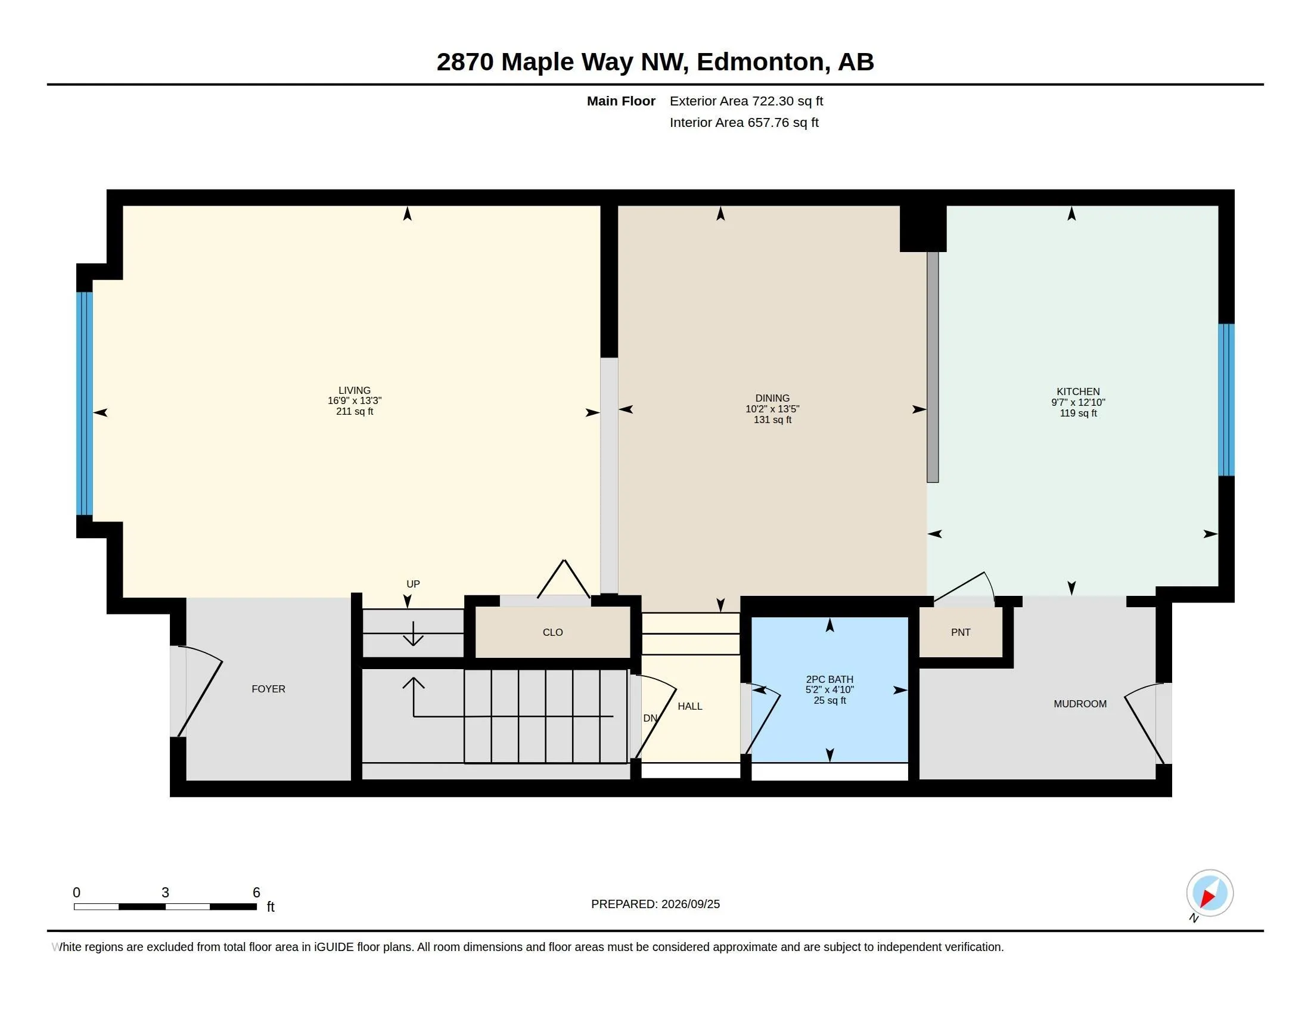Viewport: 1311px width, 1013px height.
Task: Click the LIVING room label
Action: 354,390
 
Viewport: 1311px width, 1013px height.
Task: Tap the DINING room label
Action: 772,398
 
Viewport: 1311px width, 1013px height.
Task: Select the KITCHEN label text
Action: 1078,391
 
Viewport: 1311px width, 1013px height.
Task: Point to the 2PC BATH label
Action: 830,679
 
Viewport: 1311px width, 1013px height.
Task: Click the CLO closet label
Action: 552,632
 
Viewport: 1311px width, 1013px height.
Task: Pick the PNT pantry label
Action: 961,632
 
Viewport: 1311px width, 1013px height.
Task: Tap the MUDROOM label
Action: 1080,703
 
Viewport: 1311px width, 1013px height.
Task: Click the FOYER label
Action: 268,689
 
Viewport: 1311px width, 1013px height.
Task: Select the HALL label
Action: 689,706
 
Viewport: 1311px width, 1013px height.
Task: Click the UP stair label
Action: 413,584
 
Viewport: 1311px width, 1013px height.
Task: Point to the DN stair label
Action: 650,719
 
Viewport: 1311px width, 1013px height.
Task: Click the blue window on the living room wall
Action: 85,403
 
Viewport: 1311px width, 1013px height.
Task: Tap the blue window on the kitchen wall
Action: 1226,400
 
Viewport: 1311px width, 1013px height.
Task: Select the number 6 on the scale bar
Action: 256,893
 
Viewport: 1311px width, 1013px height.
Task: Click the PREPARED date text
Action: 655,904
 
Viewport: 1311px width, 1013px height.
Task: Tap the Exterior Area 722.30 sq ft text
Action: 746,101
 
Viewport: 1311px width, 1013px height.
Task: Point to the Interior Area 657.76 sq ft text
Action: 744,122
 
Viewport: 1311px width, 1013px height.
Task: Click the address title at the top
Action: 655,62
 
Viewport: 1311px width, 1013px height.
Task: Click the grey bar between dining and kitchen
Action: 932,366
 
